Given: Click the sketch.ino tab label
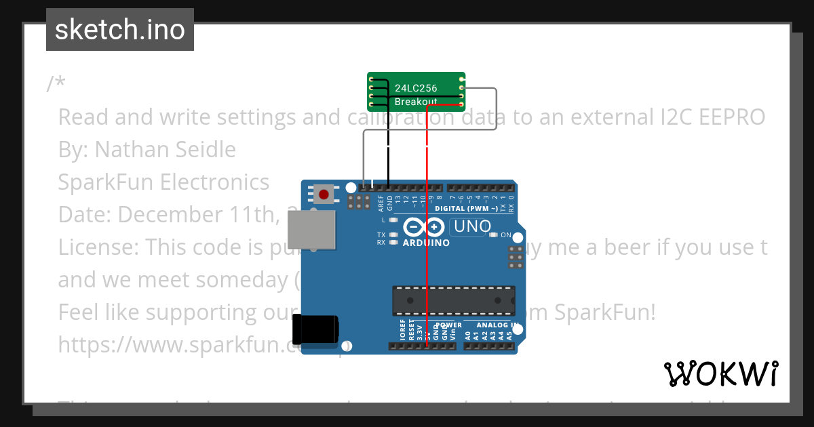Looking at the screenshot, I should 119,30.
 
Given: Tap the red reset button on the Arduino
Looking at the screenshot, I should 324,195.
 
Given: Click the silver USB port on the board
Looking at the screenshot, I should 311,228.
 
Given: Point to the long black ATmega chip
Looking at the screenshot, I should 444,300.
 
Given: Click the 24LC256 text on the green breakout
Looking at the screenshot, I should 416,88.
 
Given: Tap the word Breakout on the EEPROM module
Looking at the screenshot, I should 416,102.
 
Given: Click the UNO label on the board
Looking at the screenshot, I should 470,226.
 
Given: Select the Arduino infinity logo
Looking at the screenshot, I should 424,227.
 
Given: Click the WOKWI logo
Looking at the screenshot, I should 720,373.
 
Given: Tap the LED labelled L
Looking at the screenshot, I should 393,220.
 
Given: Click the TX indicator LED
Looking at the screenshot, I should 393,235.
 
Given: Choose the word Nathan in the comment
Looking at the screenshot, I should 126,149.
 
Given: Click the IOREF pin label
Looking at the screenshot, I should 402,330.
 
